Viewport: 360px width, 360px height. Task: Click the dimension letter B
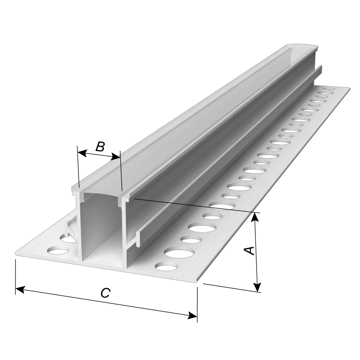100,147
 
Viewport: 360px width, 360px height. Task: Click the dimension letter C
105,293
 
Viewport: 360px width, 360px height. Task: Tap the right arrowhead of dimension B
116,157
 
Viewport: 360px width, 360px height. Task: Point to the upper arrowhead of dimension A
255,218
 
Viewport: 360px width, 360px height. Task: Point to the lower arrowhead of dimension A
258,287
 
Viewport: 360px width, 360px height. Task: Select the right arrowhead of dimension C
192,315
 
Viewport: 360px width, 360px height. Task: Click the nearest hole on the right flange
167,267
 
